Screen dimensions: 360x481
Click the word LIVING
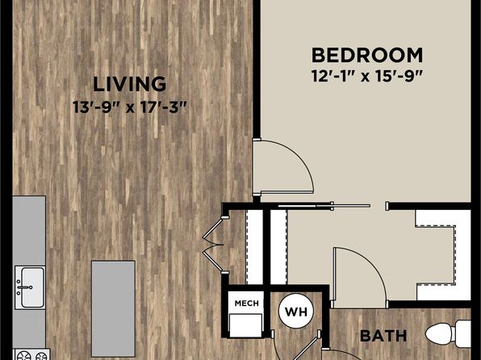[x=129, y=82]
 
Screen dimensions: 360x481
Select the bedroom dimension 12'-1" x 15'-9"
[x=367, y=78]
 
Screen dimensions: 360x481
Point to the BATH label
[x=382, y=334]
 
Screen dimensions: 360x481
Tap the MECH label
[x=245, y=303]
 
